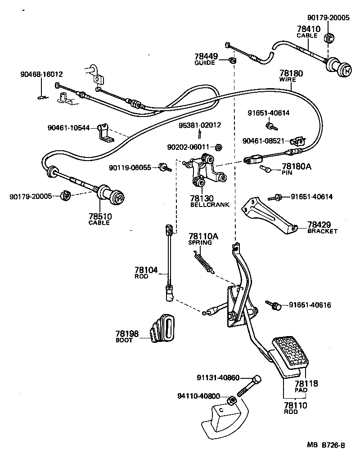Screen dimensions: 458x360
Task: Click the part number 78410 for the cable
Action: point(308,30)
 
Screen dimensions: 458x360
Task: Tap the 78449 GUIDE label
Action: point(206,59)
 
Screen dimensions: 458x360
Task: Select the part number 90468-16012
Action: point(41,74)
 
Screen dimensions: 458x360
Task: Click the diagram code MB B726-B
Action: point(326,445)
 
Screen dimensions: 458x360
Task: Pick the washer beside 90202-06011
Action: point(219,147)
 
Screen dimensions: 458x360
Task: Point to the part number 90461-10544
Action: point(68,127)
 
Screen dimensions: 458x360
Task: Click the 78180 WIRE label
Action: point(291,75)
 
